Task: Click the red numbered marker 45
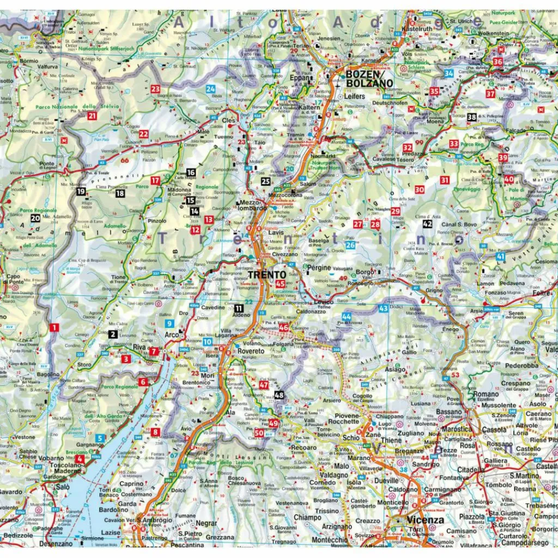[281, 283]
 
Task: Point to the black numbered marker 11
[239, 308]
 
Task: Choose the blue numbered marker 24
[210, 89]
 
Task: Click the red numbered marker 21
[92, 116]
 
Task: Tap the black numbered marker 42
[427, 223]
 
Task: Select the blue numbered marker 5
[100, 438]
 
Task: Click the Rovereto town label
[251, 351]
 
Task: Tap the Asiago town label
[396, 369]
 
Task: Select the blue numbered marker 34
[448, 73]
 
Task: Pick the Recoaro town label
[304, 447]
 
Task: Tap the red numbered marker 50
[259, 433]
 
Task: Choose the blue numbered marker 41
[500, 256]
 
